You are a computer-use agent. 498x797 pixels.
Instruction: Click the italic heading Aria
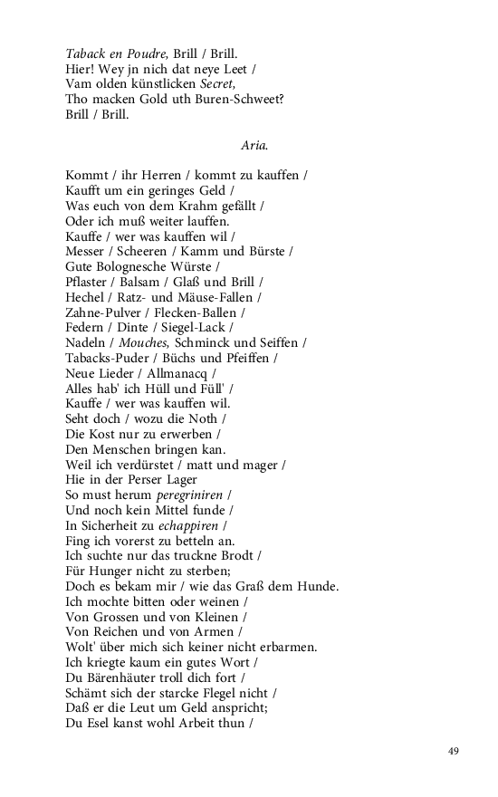tap(254, 145)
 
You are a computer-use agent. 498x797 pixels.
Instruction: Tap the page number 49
tap(454, 751)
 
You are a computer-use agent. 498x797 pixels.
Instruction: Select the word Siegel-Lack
tap(196, 327)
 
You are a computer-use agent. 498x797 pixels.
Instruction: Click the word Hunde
tap(316, 587)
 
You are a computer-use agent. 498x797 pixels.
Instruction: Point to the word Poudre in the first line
tap(148, 53)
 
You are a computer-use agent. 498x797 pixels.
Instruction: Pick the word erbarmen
tap(292, 648)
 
